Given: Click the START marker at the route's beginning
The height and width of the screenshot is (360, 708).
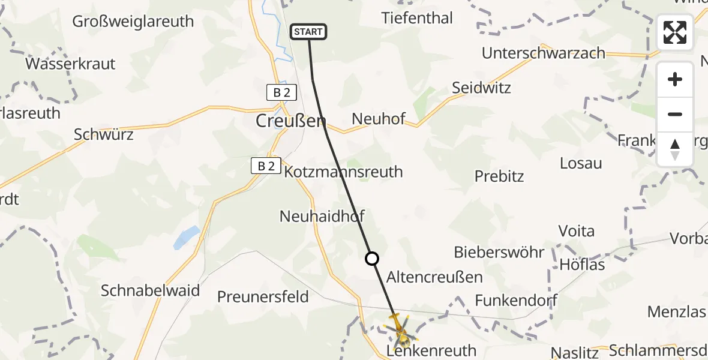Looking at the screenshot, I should click(x=308, y=32).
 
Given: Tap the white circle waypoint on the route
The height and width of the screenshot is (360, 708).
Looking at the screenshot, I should click(x=372, y=259).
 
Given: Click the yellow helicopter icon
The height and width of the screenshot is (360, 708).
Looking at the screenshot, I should click(x=400, y=331).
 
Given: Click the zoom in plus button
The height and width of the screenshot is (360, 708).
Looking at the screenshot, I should click(x=675, y=79).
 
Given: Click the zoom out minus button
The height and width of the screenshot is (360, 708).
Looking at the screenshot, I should click(x=675, y=114).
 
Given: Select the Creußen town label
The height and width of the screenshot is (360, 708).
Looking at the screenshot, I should click(x=291, y=121).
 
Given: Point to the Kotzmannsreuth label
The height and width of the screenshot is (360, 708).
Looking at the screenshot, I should click(x=343, y=172).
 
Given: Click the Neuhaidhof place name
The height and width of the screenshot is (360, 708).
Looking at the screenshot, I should click(x=322, y=216).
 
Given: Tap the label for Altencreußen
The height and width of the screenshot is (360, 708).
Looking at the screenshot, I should click(x=434, y=277).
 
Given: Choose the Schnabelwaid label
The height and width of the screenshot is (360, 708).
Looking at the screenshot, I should click(x=150, y=291).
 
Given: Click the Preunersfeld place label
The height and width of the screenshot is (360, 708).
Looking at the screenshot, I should click(x=263, y=296).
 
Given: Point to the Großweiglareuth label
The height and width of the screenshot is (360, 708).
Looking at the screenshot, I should click(x=133, y=22).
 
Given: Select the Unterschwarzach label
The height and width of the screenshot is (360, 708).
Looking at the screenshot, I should click(x=544, y=53).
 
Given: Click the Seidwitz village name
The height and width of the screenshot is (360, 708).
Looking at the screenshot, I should click(x=481, y=88).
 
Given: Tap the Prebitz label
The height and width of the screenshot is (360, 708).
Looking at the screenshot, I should click(x=499, y=176).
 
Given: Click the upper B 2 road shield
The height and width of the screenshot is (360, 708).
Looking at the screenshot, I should click(x=281, y=92).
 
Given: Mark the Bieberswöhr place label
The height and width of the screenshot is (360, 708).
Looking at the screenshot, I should click(x=499, y=252).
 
